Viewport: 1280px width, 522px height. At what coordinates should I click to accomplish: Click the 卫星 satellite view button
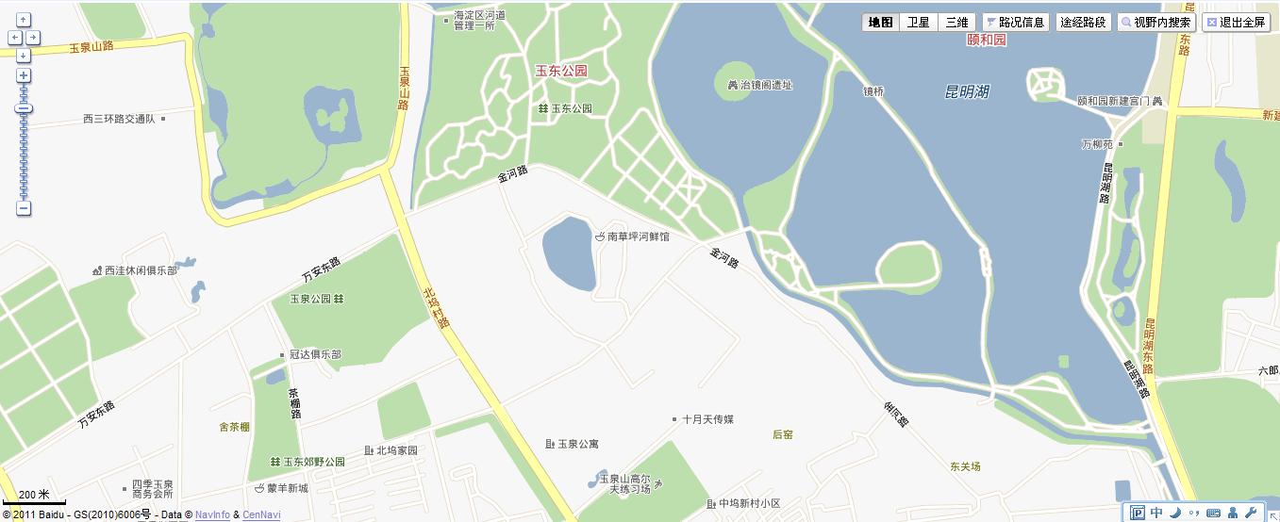pyautogui.click(x=918, y=23)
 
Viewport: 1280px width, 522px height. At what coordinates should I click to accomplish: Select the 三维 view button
pyautogui.click(x=956, y=23)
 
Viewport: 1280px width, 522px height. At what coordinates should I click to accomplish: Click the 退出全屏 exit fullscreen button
pyautogui.click(x=1236, y=23)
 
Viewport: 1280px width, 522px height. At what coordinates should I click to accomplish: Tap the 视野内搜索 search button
pyautogui.click(x=1156, y=23)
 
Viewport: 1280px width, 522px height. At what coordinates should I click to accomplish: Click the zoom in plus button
pyautogui.click(x=24, y=75)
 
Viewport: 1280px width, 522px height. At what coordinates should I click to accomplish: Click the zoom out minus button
pyautogui.click(x=24, y=208)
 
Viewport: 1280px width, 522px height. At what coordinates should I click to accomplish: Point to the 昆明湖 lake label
pyautogui.click(x=967, y=91)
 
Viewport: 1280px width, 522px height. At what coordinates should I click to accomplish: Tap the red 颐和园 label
pyautogui.click(x=988, y=41)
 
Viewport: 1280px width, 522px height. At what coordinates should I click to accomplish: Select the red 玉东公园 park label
pyautogui.click(x=561, y=71)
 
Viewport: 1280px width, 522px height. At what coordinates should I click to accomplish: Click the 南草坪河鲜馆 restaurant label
pyautogui.click(x=638, y=237)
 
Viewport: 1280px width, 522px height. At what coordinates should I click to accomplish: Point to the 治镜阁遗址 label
pyautogui.click(x=766, y=85)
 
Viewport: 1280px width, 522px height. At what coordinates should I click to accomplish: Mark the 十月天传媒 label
pyautogui.click(x=707, y=419)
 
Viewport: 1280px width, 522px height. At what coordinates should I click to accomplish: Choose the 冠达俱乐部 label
pyautogui.click(x=315, y=355)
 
